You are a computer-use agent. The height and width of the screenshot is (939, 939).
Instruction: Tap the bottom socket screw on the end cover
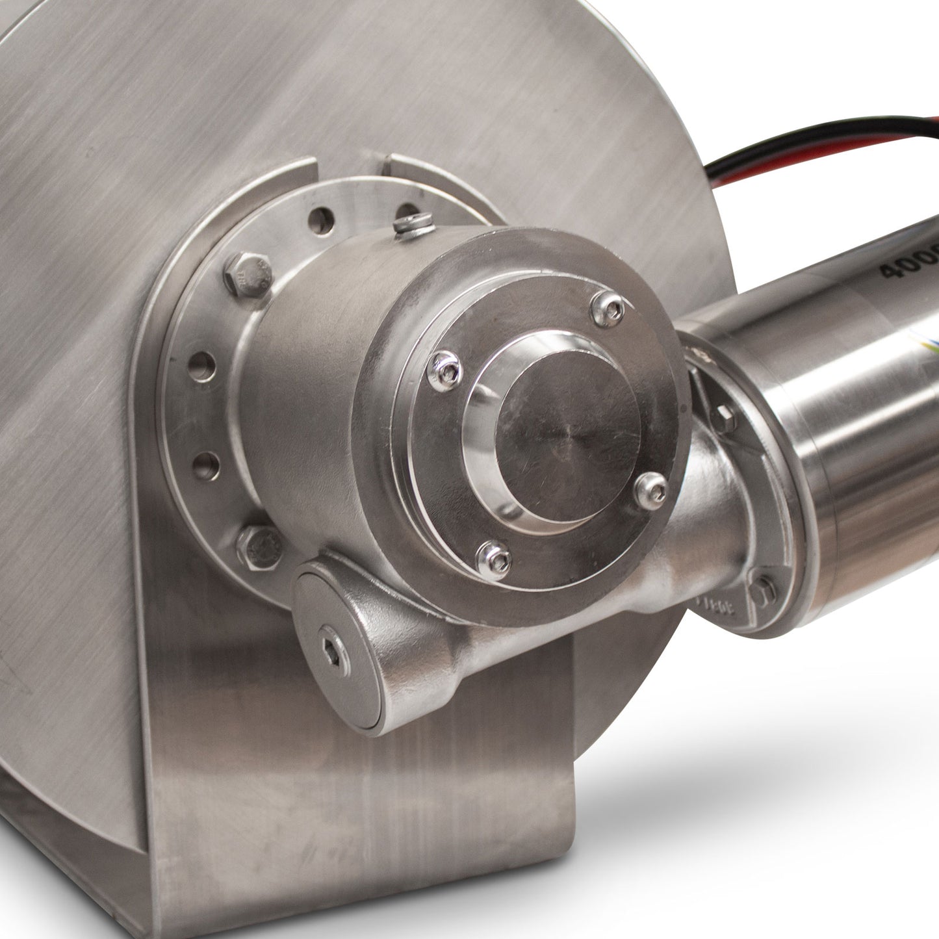coord(493,559)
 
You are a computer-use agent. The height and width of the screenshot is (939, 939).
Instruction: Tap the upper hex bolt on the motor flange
coord(725,417)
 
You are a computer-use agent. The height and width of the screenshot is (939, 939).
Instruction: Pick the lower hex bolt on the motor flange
coord(764,588)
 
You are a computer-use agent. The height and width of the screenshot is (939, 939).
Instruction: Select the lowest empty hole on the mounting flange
coord(205,465)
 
